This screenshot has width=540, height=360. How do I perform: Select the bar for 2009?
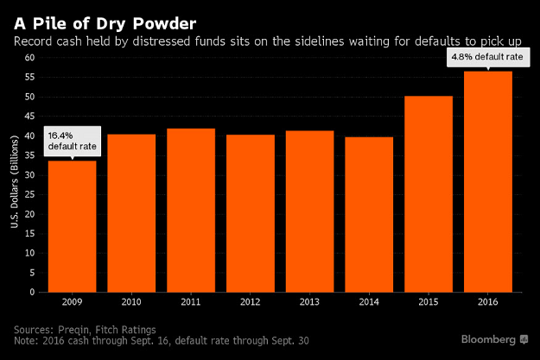pos(72,226)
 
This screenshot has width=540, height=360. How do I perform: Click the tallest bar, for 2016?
pos(488,181)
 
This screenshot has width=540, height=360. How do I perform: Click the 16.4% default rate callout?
pos(73,141)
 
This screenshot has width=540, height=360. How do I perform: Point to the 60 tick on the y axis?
pos(29,58)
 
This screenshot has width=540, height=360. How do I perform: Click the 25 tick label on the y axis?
pos(29,194)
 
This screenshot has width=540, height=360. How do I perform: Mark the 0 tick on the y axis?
pos(31,292)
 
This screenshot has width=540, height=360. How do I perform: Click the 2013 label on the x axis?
pos(309,302)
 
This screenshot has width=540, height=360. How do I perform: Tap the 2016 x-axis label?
pos(488,302)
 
